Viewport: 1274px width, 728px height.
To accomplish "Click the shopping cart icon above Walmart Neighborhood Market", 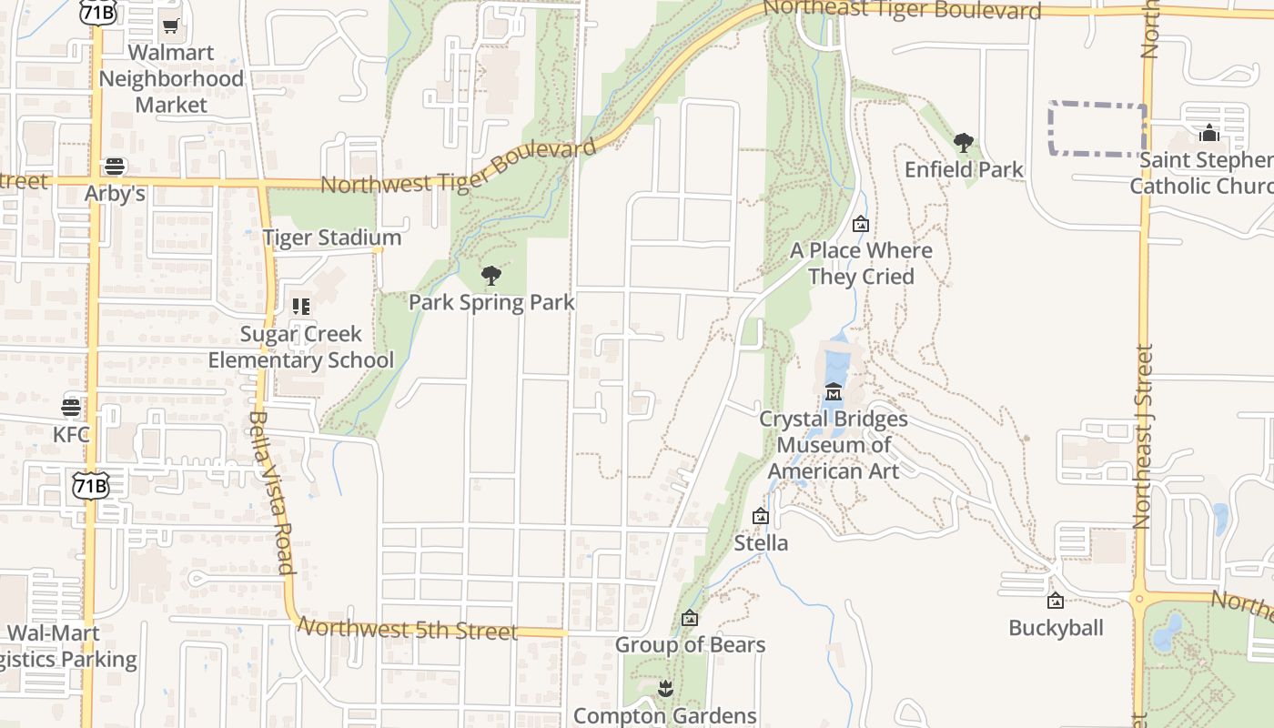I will [x=170, y=26].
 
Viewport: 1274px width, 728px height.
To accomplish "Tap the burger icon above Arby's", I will [x=115, y=167].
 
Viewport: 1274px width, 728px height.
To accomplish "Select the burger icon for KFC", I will [x=71, y=407].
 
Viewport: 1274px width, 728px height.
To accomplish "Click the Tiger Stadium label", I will [x=331, y=238].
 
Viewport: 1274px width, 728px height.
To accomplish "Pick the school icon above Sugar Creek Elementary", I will [x=301, y=307].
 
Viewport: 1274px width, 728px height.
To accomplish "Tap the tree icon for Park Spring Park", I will [x=491, y=275].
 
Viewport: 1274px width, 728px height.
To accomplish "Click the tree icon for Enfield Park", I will [x=964, y=142].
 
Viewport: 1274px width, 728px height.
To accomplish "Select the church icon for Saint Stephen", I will [x=1208, y=133].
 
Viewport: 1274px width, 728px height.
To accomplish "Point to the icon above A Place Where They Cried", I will [x=861, y=224].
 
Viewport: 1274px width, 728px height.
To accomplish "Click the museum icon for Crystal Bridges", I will [x=833, y=392].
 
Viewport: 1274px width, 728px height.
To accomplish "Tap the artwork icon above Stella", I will [x=761, y=517].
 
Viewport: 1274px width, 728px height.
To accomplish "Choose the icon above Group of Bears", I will [x=690, y=619].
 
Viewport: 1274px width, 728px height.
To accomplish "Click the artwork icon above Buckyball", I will [x=1056, y=601].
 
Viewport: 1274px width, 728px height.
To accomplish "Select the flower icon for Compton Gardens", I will [x=665, y=689].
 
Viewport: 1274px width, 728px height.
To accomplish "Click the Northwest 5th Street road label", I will [x=408, y=629].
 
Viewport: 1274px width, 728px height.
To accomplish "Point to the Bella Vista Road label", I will [x=271, y=492].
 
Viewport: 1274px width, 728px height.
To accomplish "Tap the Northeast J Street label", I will [x=1143, y=437].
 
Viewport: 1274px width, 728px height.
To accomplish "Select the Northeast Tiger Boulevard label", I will [x=902, y=9].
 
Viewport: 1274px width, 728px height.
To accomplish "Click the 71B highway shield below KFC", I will [x=91, y=486].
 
